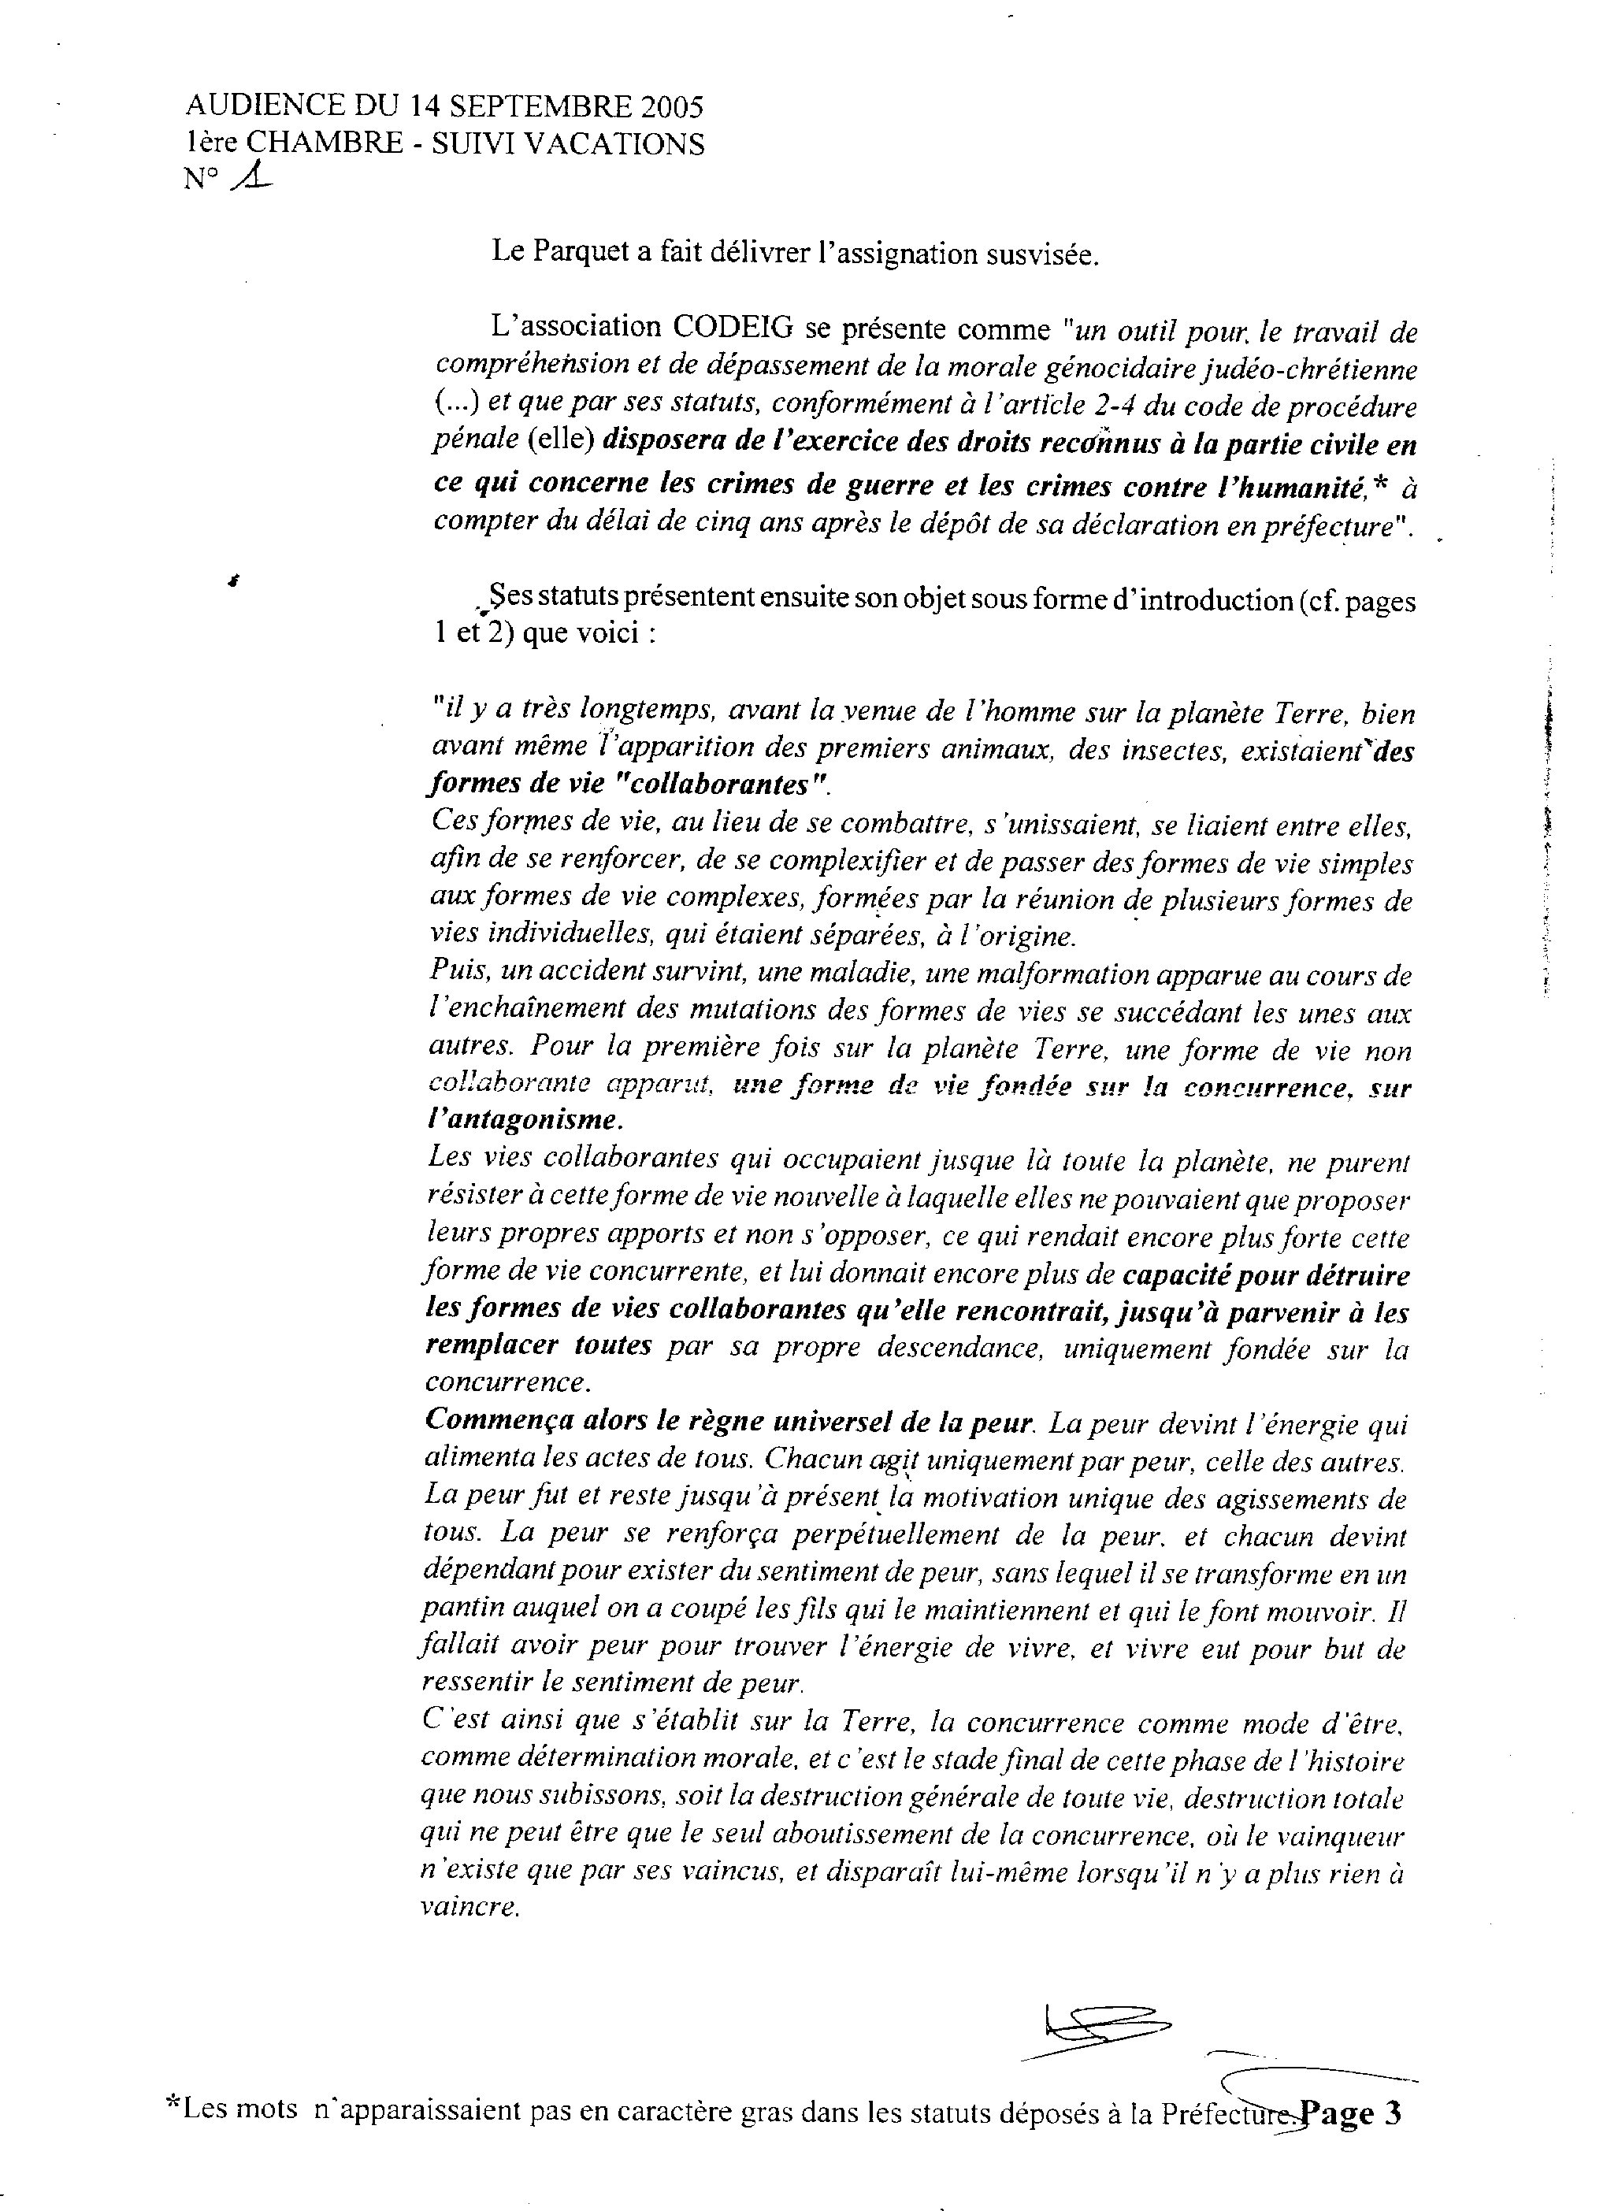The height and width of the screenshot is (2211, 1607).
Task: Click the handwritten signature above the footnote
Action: [x=1102, y=2034]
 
